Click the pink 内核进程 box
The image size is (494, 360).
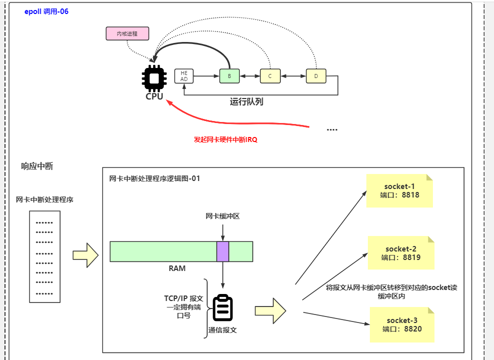coord(128,33)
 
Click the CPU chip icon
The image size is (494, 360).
coord(154,77)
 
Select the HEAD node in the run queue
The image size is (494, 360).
coord(184,76)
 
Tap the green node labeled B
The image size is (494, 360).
coord(230,76)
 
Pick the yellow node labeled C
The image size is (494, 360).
coord(270,76)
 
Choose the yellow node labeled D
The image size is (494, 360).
coord(316,76)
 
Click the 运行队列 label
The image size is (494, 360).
coord(246,102)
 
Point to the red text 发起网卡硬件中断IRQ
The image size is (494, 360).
coord(225,140)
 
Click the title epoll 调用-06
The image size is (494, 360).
coord(47,11)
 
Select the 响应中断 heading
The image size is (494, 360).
coord(37,166)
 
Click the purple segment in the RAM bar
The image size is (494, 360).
coord(223,251)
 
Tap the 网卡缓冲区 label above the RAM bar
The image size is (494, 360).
coord(223,216)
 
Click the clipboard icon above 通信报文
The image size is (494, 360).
coord(223,308)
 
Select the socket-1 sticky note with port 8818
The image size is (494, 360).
coord(399,191)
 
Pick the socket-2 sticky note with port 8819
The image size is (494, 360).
coord(400,253)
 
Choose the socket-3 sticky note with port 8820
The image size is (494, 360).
coord(402,324)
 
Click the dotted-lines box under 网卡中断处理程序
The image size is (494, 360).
coord(45,256)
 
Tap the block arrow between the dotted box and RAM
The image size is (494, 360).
coord(87,255)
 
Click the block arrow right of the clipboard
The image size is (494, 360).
coord(270,310)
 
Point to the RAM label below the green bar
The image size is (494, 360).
coord(177,268)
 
